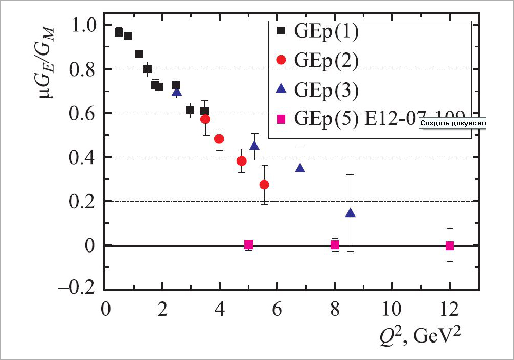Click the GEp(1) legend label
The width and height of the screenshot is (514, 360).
coord(326,31)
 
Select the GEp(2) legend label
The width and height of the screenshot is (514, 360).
coord(326,60)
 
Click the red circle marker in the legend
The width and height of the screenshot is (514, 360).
coord(281,60)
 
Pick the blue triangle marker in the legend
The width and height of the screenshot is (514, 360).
coord(281,89)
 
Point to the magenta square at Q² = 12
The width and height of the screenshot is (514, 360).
coord(450,246)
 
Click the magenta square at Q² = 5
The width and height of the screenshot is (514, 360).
coord(248,245)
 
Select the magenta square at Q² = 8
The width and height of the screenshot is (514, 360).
coord(335,245)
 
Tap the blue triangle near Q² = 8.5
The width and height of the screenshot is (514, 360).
coord(351,213)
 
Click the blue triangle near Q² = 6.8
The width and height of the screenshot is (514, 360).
coord(300,168)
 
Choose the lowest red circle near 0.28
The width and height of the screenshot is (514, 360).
coord(264,185)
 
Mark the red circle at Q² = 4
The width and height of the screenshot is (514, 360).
coord(219,139)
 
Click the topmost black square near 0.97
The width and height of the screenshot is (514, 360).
coord(119,32)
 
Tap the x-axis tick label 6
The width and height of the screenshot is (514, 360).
coord(277,311)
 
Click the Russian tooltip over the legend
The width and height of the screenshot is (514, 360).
coord(453,123)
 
